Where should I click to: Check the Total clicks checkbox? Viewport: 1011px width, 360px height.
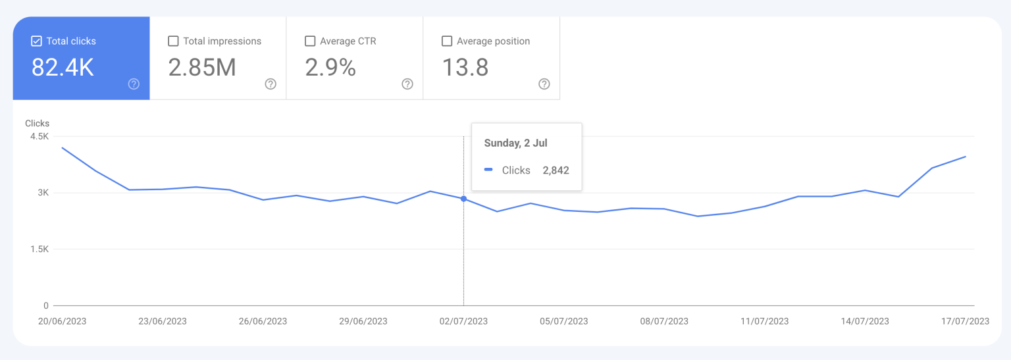pyautogui.click(x=37, y=41)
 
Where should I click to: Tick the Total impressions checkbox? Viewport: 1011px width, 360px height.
pyautogui.click(x=174, y=41)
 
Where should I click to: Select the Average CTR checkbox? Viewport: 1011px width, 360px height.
pyautogui.click(x=310, y=41)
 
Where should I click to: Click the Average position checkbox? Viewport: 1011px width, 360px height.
pyautogui.click(x=447, y=41)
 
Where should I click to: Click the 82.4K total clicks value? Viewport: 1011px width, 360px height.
pyautogui.click(x=63, y=67)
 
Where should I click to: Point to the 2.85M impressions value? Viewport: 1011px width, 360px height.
pyautogui.click(x=202, y=67)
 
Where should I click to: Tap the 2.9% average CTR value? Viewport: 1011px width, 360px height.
pyautogui.click(x=330, y=67)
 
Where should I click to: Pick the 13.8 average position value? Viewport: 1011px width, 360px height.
pyautogui.click(x=465, y=67)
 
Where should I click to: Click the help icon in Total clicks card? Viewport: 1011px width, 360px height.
pyautogui.click(x=134, y=84)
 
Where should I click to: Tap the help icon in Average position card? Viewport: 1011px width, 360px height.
pyautogui.click(x=544, y=84)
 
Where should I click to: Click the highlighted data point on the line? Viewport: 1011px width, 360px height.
pyautogui.click(x=463, y=199)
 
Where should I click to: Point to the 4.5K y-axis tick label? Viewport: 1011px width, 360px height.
pyautogui.click(x=39, y=136)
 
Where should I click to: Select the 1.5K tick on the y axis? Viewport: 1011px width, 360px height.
pyautogui.click(x=39, y=249)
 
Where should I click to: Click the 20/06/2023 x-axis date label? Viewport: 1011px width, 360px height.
pyautogui.click(x=63, y=321)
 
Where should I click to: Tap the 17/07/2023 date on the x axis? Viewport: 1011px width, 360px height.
pyautogui.click(x=965, y=321)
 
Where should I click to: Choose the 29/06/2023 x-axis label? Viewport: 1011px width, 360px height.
pyautogui.click(x=363, y=321)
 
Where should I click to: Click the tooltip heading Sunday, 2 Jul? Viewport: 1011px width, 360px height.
pyautogui.click(x=515, y=143)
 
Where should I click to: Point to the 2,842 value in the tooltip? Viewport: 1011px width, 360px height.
pyautogui.click(x=556, y=170)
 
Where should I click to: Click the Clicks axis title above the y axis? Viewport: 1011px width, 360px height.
pyautogui.click(x=37, y=123)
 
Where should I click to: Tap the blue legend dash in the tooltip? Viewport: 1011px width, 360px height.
pyautogui.click(x=488, y=170)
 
